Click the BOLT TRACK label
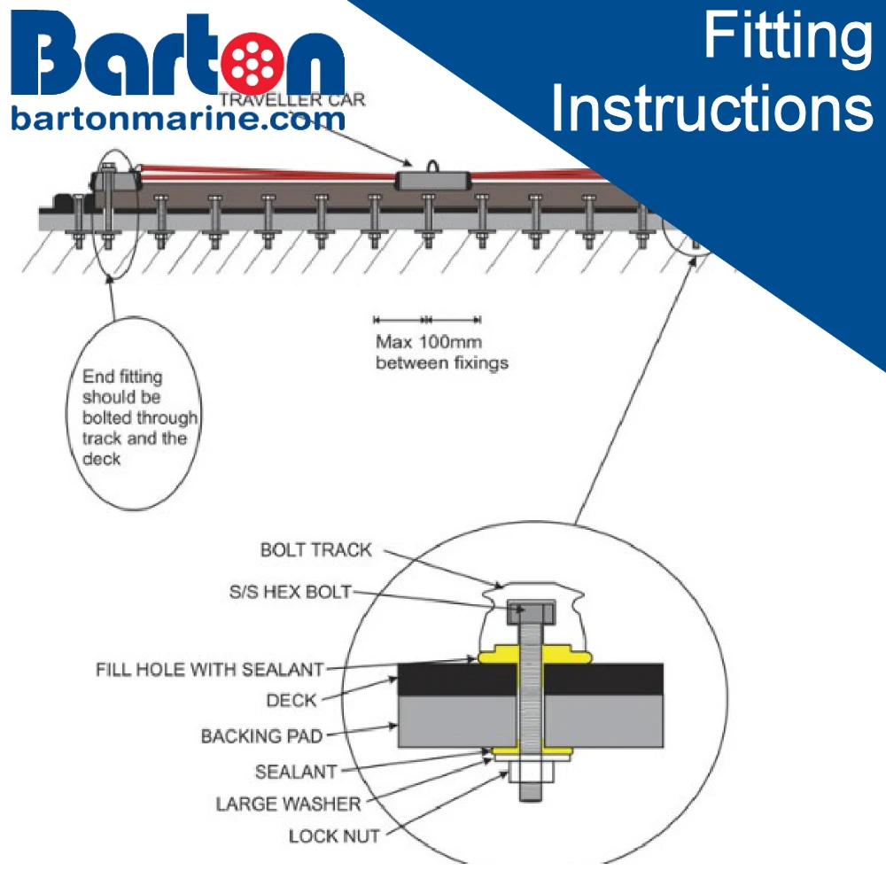[316, 550]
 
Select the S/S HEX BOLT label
[290, 592]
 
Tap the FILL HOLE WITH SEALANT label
[209, 669]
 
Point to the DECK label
[291, 701]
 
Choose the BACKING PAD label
[261, 736]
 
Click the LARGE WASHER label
[289, 804]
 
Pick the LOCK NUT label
[334, 835]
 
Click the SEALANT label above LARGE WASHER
[296, 772]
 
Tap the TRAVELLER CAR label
[291, 100]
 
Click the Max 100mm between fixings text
[441, 352]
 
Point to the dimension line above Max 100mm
[427, 319]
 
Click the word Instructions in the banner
[717, 108]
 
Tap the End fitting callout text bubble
[134, 416]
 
